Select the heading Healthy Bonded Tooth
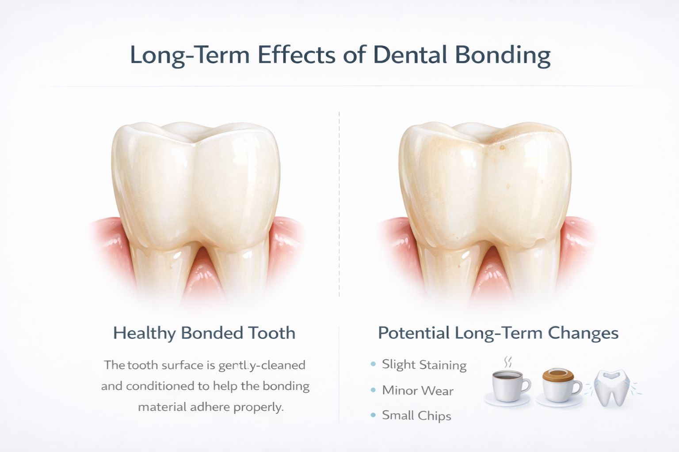tap(204, 333)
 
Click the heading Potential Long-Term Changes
tap(498, 333)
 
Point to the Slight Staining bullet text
tap(424, 365)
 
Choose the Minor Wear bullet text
tap(418, 391)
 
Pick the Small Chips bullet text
tap(416, 416)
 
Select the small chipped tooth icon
tap(611, 387)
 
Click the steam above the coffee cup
tap(508, 362)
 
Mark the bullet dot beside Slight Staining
tap(373, 365)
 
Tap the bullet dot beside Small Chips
tap(373, 415)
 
